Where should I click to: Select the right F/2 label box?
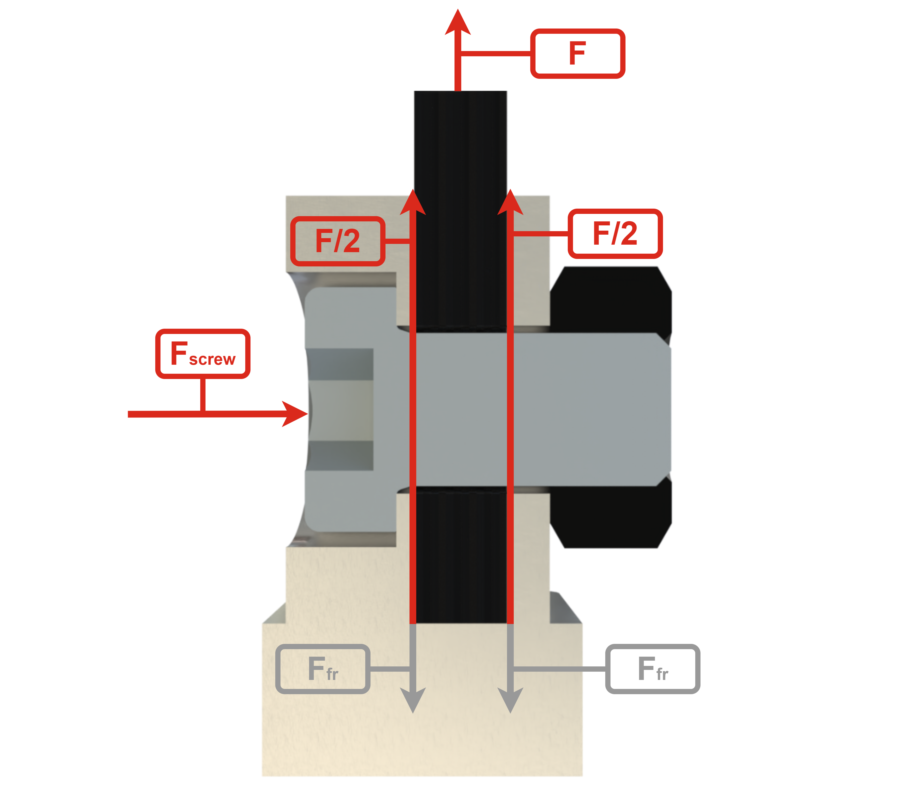(x=615, y=233)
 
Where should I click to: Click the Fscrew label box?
(x=203, y=354)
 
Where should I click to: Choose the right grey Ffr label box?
(x=652, y=669)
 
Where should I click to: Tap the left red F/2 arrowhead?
(x=413, y=202)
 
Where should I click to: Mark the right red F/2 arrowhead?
(x=510, y=202)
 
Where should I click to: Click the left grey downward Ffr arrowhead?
(x=413, y=700)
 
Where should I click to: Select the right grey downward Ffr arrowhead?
(x=510, y=700)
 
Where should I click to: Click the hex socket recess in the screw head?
(x=340, y=409)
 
